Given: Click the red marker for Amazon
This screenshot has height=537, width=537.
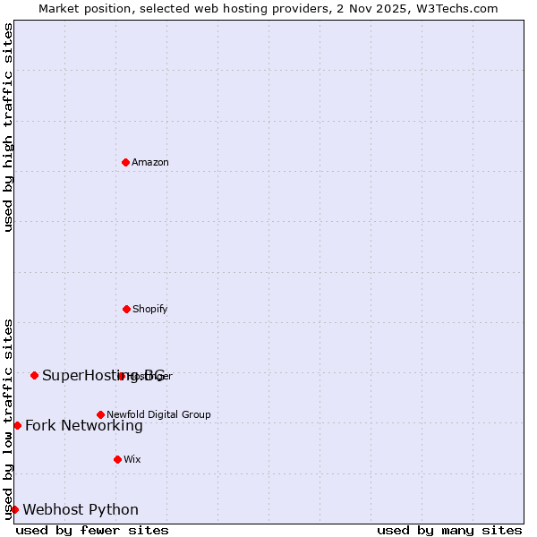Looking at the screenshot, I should (x=125, y=162).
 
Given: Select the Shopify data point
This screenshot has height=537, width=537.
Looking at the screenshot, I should (x=126, y=309).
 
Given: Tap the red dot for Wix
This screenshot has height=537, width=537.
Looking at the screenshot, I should (x=117, y=459).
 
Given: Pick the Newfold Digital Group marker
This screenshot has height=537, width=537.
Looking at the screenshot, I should (x=100, y=414).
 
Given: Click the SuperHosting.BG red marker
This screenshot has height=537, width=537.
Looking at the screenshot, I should (x=34, y=375).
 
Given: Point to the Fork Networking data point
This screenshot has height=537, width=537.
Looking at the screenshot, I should (x=17, y=425).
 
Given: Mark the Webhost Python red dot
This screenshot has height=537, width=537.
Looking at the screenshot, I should (x=14, y=509).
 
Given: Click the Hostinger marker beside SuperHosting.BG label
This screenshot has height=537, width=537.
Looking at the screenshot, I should (x=122, y=376).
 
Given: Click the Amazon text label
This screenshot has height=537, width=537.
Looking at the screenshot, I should (x=150, y=162).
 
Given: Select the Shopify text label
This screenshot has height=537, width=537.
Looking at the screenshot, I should (x=150, y=309).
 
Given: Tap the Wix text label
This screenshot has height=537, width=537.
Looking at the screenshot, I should (x=132, y=459).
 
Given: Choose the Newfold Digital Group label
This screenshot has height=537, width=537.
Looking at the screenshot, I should (x=158, y=414).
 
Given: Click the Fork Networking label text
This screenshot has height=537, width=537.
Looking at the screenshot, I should (x=84, y=425).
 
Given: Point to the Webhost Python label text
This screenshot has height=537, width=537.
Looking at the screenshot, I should (x=81, y=509).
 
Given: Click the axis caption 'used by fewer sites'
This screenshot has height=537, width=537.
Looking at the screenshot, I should (x=92, y=530).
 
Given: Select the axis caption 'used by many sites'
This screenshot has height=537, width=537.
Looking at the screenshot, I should (x=449, y=530).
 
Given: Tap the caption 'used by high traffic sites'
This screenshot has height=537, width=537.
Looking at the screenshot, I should (x=9, y=127).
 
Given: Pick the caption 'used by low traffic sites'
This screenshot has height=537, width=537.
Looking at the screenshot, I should (x=9, y=417).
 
